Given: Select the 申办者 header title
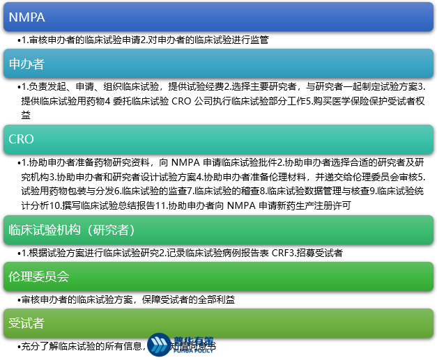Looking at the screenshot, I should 26,65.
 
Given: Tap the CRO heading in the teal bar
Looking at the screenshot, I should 22,140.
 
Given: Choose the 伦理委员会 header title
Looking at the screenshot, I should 39,276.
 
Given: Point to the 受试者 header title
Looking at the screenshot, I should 26,323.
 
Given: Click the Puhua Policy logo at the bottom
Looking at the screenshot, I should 181,345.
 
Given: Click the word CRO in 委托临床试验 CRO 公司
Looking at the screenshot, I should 181,101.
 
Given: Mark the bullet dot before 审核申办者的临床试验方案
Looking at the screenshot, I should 18,299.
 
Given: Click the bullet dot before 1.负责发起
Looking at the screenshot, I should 18,87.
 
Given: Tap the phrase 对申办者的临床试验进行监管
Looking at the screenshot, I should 209,40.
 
